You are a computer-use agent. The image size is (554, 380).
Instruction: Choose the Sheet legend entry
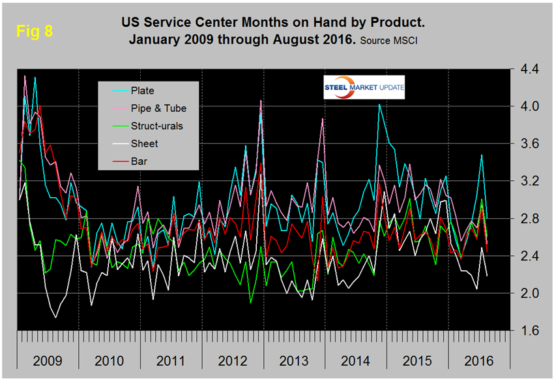coord(143,144)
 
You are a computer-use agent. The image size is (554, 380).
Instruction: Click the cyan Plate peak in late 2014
coord(379,104)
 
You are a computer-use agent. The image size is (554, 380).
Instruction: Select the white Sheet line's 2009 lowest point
coord(55,317)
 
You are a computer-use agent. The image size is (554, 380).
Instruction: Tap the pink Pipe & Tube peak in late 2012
coord(261,101)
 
